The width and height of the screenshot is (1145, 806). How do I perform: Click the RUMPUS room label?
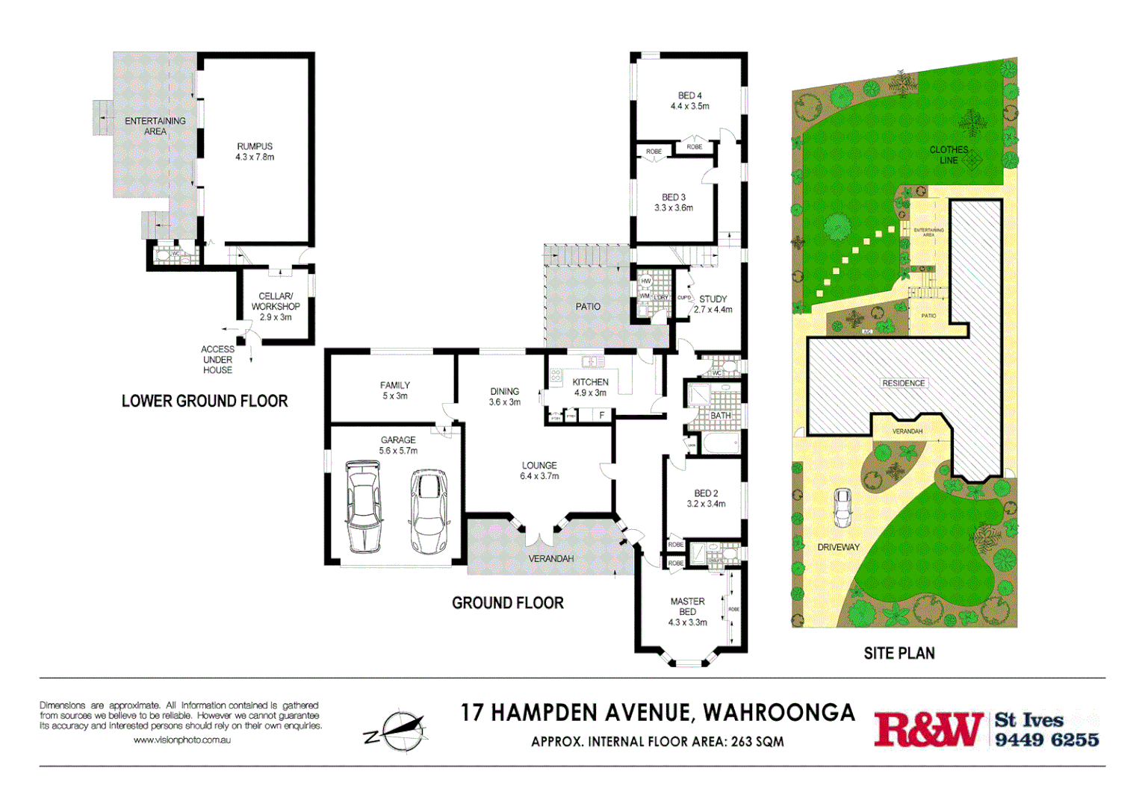tap(255, 147)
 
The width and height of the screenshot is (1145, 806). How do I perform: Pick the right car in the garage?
tap(429, 511)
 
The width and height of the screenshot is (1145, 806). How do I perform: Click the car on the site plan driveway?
tap(843, 507)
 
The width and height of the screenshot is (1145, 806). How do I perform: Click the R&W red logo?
tap(928, 729)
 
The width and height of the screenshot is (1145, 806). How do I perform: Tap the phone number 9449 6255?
tap(1046, 740)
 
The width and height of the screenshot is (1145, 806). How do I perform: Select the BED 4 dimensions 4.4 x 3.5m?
tap(689, 107)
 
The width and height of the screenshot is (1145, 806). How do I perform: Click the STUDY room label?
tap(713, 299)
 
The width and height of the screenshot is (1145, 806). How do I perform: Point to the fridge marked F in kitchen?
tap(601, 416)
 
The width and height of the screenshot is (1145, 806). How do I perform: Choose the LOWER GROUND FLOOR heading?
tap(205, 402)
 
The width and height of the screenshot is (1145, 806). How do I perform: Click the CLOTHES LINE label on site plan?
tap(949, 155)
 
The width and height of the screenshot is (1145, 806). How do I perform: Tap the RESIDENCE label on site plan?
tap(903, 383)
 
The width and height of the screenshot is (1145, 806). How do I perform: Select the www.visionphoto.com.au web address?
tap(181, 740)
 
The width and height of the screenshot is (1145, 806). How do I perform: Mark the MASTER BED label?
tap(687, 606)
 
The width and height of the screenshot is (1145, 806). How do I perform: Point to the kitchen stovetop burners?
tap(556, 375)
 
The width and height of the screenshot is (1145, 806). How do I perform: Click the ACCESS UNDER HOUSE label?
tap(217, 360)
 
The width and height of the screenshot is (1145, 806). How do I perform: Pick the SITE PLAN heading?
tap(899, 654)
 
